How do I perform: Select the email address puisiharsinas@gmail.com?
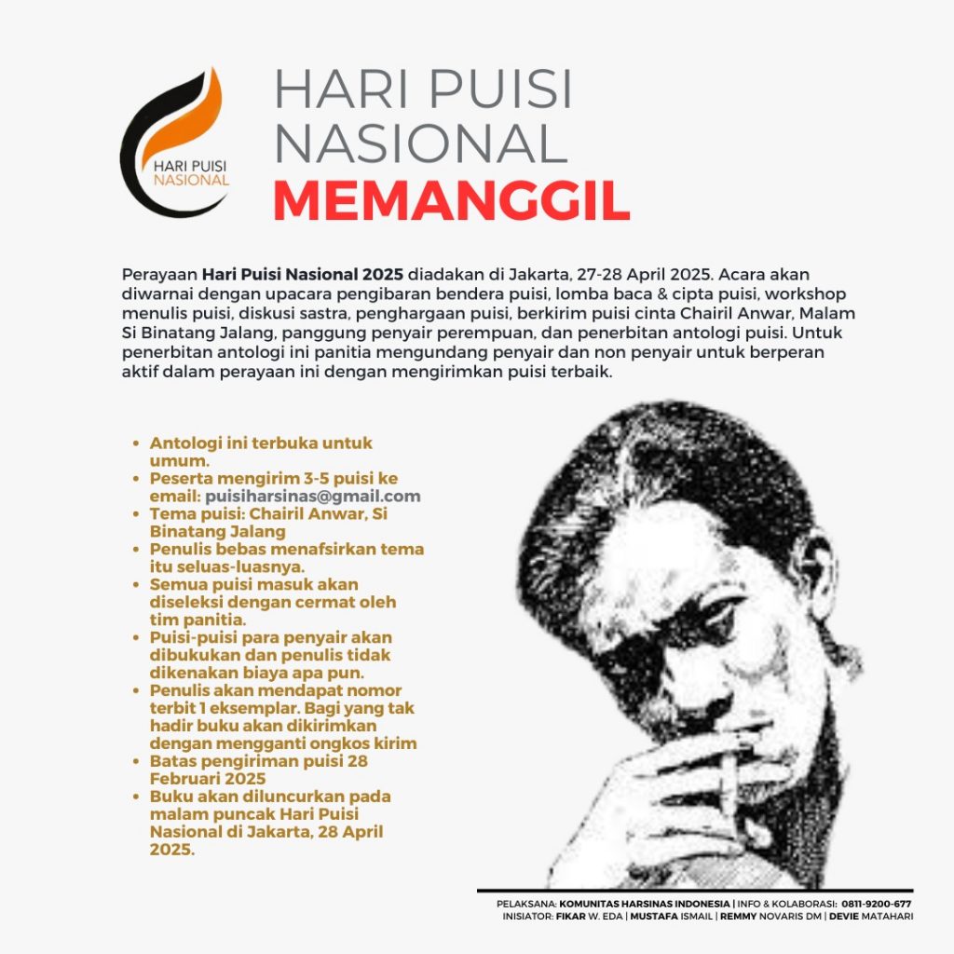tap(313, 497)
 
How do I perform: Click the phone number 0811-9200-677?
tap(877, 904)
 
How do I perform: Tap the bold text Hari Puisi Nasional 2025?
tap(303, 275)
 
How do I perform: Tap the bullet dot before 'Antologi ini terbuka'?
tap(138, 444)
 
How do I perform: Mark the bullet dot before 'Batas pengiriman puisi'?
tap(138, 761)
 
